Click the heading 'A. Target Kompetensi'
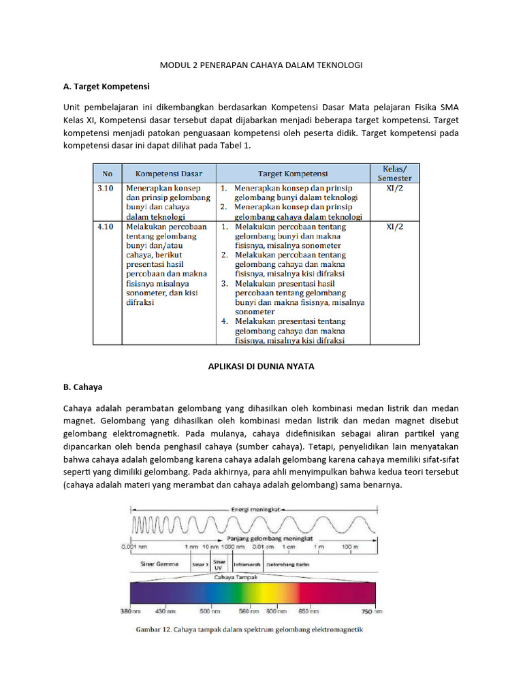[x=106, y=87]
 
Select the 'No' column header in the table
[x=107, y=174]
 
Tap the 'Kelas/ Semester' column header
[x=395, y=173]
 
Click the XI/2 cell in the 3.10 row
[x=395, y=187]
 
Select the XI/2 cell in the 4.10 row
[x=395, y=227]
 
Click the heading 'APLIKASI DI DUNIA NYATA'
[x=261, y=366]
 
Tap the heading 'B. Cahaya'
[x=82, y=387]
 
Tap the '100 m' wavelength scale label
[x=350, y=547]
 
